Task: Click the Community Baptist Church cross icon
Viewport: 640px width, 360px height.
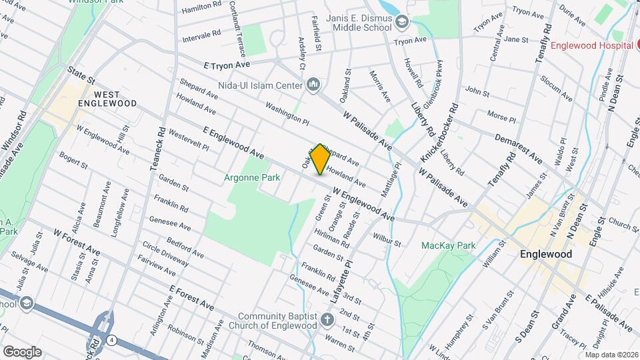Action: pyautogui.click(x=327, y=320)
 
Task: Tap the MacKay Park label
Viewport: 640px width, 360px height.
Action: pyautogui.click(x=448, y=245)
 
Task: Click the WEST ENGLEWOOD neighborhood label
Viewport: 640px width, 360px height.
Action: pyautogui.click(x=107, y=99)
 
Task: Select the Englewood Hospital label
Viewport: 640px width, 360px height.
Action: pyautogui.click(x=591, y=45)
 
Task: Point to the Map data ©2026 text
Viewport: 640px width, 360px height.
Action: pyautogui.click(x=610, y=355)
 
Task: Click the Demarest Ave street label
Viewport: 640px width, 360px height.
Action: pyautogui.click(x=519, y=148)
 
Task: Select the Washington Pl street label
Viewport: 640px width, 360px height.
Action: pyautogui.click(x=287, y=113)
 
